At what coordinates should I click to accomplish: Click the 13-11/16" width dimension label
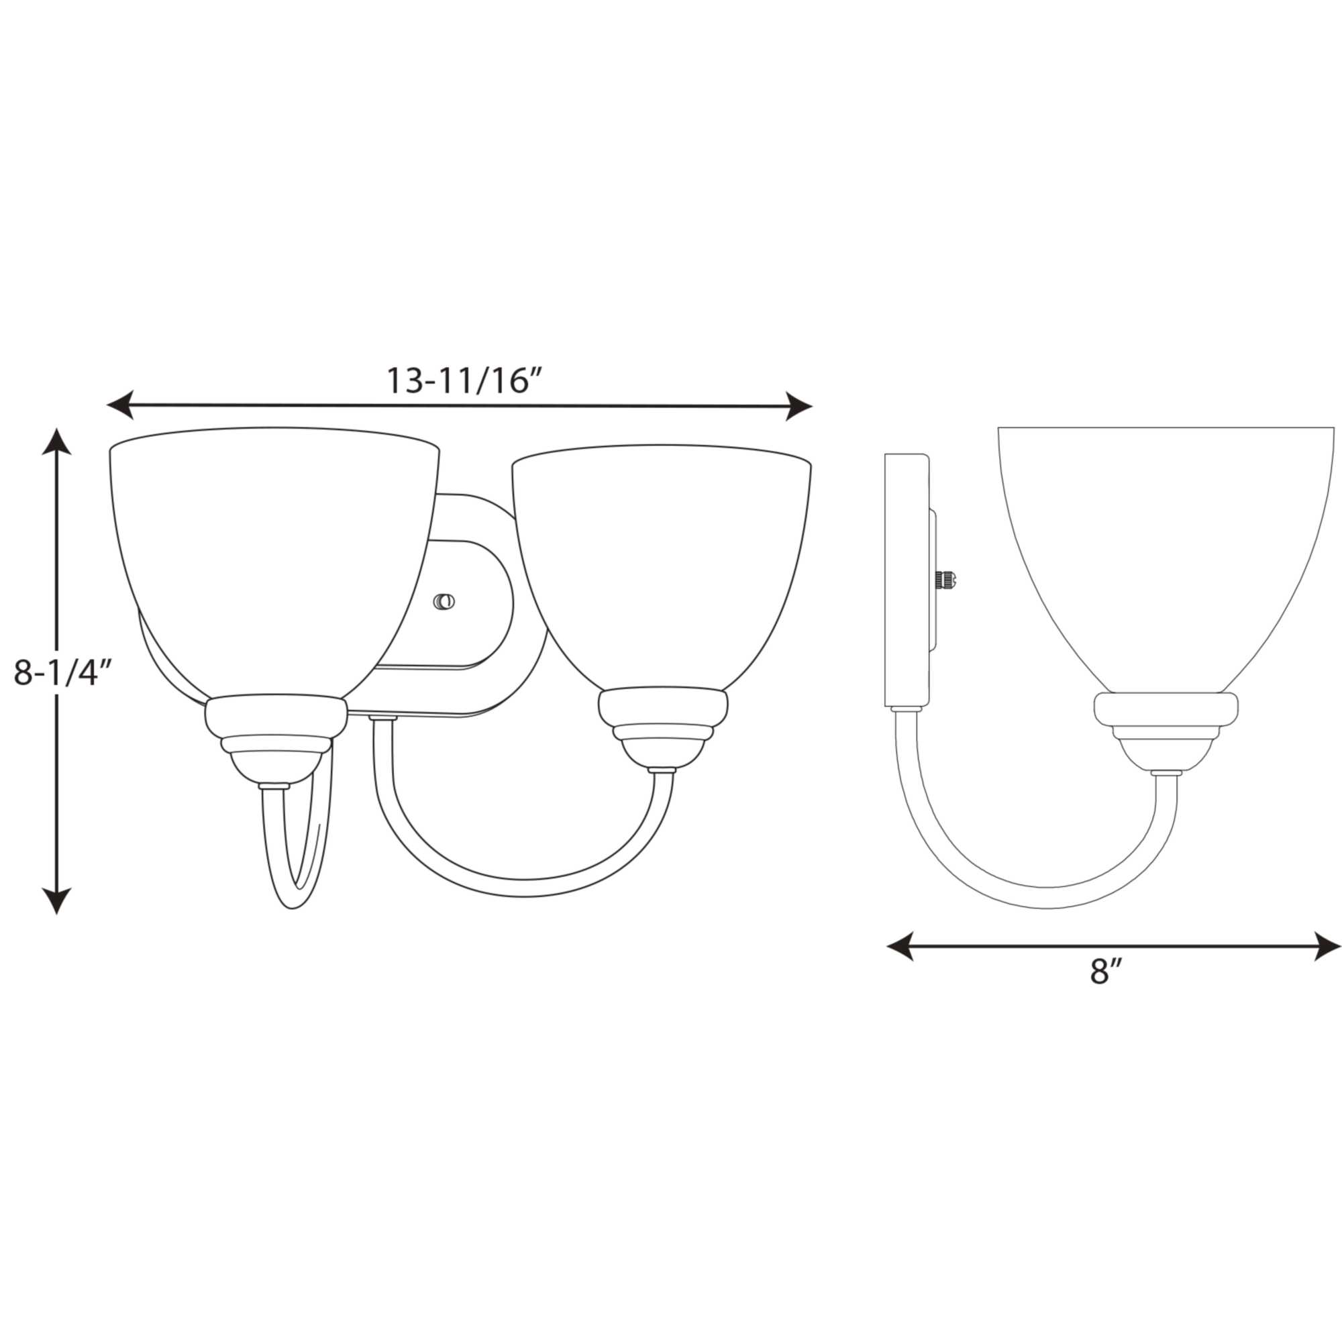pyautogui.click(x=463, y=381)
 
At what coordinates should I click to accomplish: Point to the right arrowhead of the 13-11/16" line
pyautogui.click(x=798, y=406)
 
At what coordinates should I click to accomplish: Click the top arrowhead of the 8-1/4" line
pyautogui.click(x=56, y=442)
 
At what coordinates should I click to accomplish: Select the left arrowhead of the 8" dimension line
pyautogui.click(x=901, y=947)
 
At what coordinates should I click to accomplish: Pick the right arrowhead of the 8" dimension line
pyautogui.click(x=1327, y=947)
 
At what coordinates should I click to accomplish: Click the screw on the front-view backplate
pyautogui.click(x=444, y=601)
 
